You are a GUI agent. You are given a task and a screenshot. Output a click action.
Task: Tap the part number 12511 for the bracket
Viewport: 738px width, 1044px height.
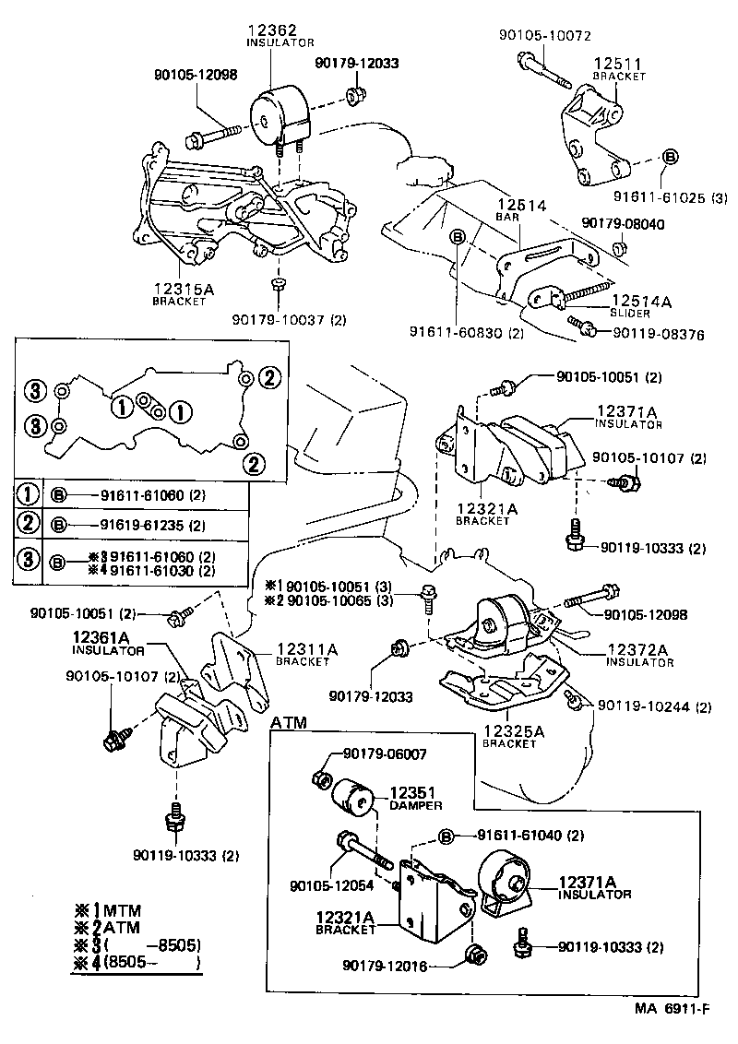coord(617,64)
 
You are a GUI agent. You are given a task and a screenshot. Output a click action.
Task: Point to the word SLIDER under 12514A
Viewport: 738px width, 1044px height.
coord(631,314)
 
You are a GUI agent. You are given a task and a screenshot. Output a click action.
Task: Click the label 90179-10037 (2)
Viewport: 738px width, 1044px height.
coord(289,320)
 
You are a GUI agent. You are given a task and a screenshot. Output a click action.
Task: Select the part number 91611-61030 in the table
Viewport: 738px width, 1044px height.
coord(147,571)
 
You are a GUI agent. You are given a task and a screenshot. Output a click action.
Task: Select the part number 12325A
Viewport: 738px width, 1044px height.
coord(514,731)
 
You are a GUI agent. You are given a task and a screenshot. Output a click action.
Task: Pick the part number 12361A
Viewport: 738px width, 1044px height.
coord(107,637)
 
